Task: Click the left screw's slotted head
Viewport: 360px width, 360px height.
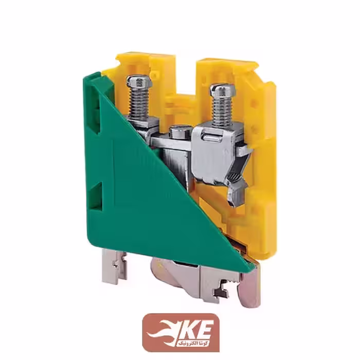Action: point(139,82)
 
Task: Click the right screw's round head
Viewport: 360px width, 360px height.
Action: point(222,91)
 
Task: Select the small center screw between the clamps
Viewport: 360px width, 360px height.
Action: point(180,132)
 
